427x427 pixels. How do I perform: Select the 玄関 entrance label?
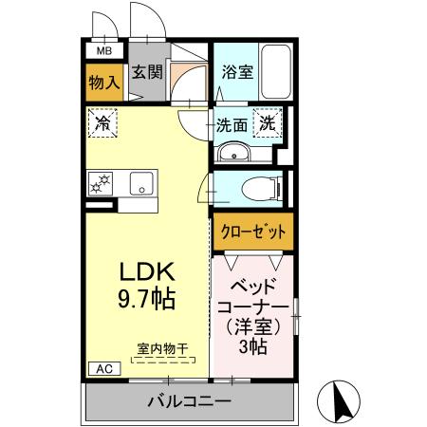click(x=145, y=71)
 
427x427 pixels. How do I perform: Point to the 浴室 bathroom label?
click(x=237, y=71)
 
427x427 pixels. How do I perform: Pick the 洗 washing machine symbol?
click(x=269, y=122)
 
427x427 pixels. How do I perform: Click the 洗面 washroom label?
click(x=232, y=123)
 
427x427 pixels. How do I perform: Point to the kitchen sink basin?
click(x=142, y=184)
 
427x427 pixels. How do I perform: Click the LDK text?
click(x=144, y=272)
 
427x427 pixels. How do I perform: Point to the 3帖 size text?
click(x=253, y=346)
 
